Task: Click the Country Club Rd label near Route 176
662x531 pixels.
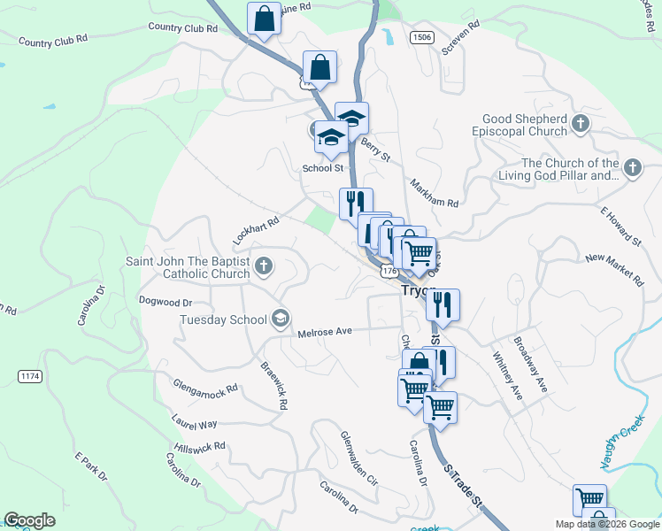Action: point(182,28)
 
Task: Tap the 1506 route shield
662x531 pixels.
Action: point(421,37)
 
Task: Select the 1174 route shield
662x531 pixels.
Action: point(29,377)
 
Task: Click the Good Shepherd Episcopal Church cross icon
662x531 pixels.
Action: point(581,124)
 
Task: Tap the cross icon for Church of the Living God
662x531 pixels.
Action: point(632,168)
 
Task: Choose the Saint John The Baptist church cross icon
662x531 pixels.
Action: point(263,266)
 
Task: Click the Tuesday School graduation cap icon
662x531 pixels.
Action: point(280,319)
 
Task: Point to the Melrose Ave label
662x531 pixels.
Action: point(325,332)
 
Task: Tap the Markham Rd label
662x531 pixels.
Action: point(434,191)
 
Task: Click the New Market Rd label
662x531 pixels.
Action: point(614,269)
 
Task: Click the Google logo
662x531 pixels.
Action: point(29,520)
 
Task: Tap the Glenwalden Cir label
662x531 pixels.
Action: point(359,458)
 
